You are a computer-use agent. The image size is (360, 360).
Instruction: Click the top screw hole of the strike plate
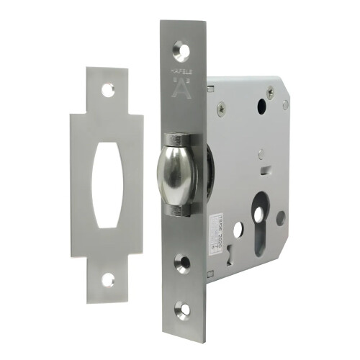click(107, 90)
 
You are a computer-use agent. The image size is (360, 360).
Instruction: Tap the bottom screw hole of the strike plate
click(109, 278)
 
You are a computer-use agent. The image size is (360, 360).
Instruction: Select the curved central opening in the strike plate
click(107, 184)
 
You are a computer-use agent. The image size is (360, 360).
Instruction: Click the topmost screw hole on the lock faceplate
click(181, 51)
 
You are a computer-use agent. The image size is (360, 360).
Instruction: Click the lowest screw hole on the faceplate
click(184, 311)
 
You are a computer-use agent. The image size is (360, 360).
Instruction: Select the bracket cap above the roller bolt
click(178, 138)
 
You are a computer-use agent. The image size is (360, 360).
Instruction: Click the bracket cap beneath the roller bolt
click(179, 210)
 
